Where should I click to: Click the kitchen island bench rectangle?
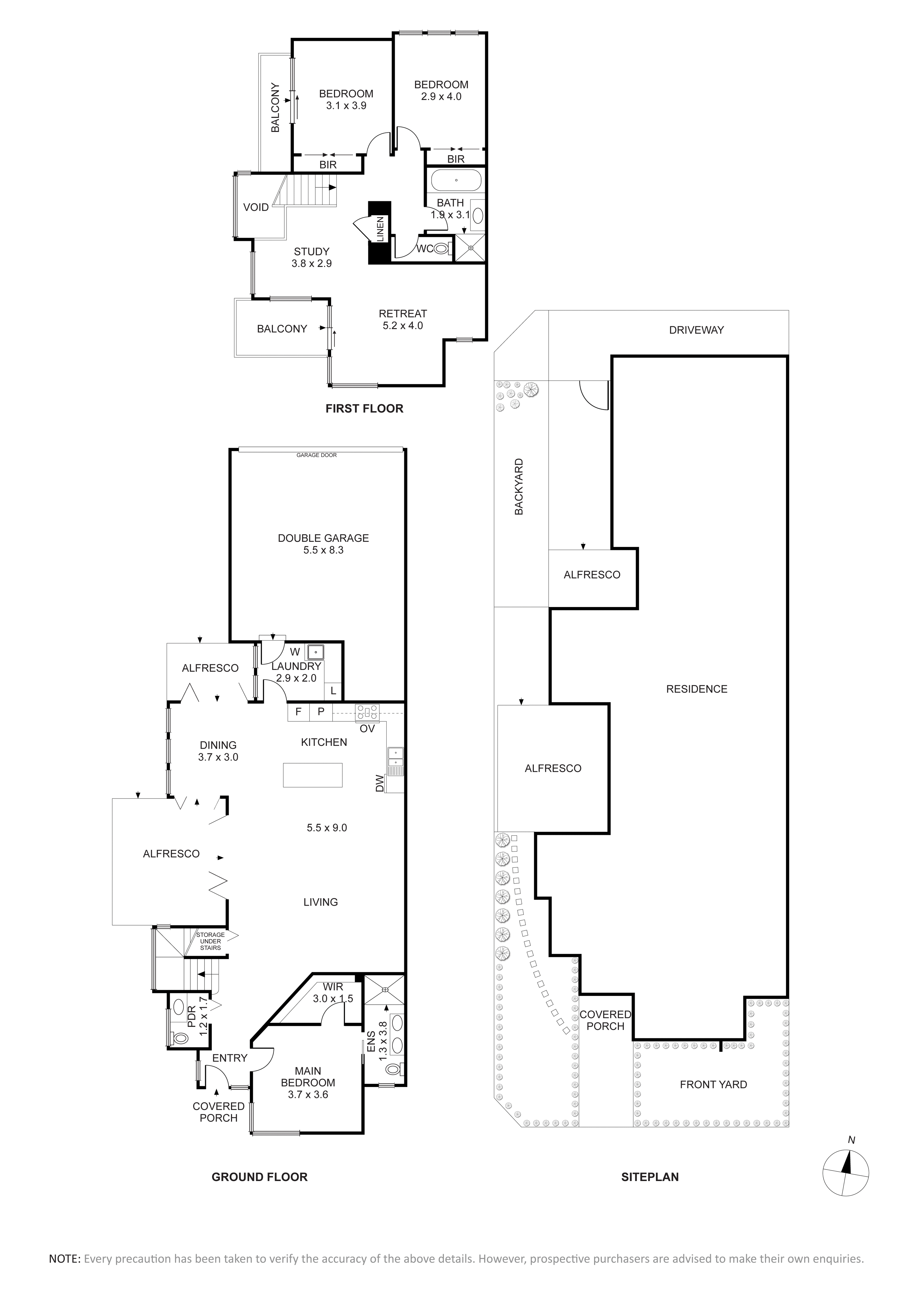pyautogui.click(x=313, y=775)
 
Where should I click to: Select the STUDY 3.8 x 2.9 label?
pyautogui.click(x=312, y=257)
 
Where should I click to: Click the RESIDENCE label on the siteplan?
pyautogui.click(x=696, y=689)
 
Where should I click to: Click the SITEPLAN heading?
pyautogui.click(x=650, y=1177)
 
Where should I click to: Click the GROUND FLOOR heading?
pyautogui.click(x=259, y=1177)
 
